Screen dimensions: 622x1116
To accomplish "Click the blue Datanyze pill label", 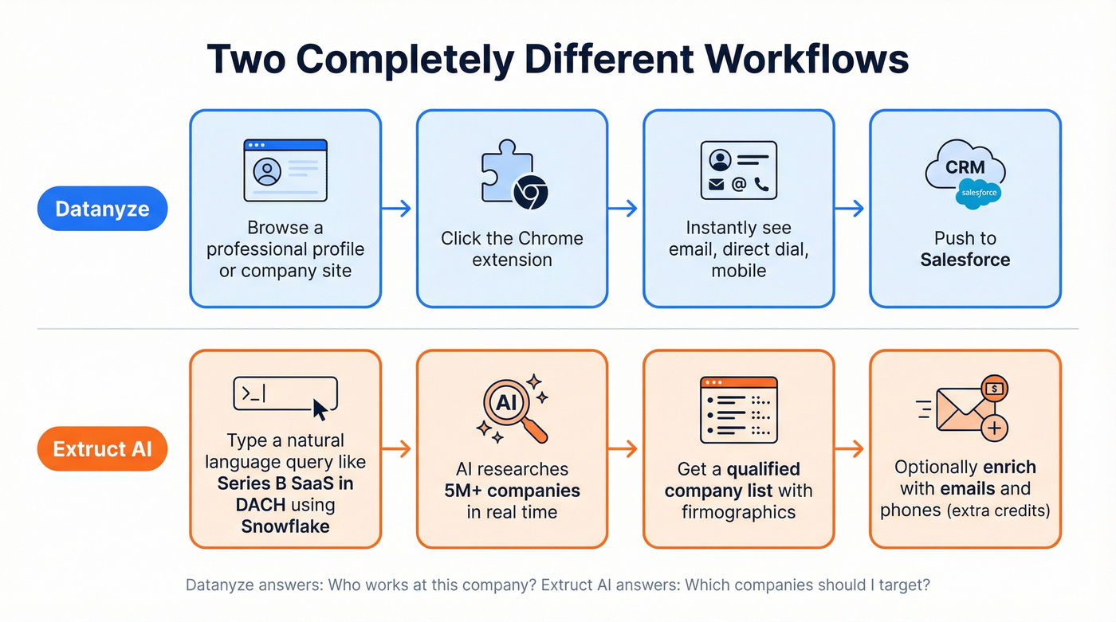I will point(102,209).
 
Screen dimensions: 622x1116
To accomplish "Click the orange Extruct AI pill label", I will point(102,448).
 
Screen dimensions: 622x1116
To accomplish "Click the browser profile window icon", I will point(285,170).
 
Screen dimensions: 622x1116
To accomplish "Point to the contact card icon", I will point(738,170).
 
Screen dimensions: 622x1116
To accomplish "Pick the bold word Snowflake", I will point(285,526).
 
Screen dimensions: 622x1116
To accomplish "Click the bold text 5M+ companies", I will point(512,491).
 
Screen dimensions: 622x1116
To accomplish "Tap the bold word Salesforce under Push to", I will point(965,260).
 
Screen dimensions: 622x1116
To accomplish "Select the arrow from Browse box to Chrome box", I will point(397,209).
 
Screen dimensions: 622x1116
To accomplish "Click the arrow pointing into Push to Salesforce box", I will point(850,209).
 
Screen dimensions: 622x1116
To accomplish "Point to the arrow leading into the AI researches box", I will point(397,449).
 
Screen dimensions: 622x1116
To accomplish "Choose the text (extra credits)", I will point(998,511).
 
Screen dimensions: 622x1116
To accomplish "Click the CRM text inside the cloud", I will point(965,168).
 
